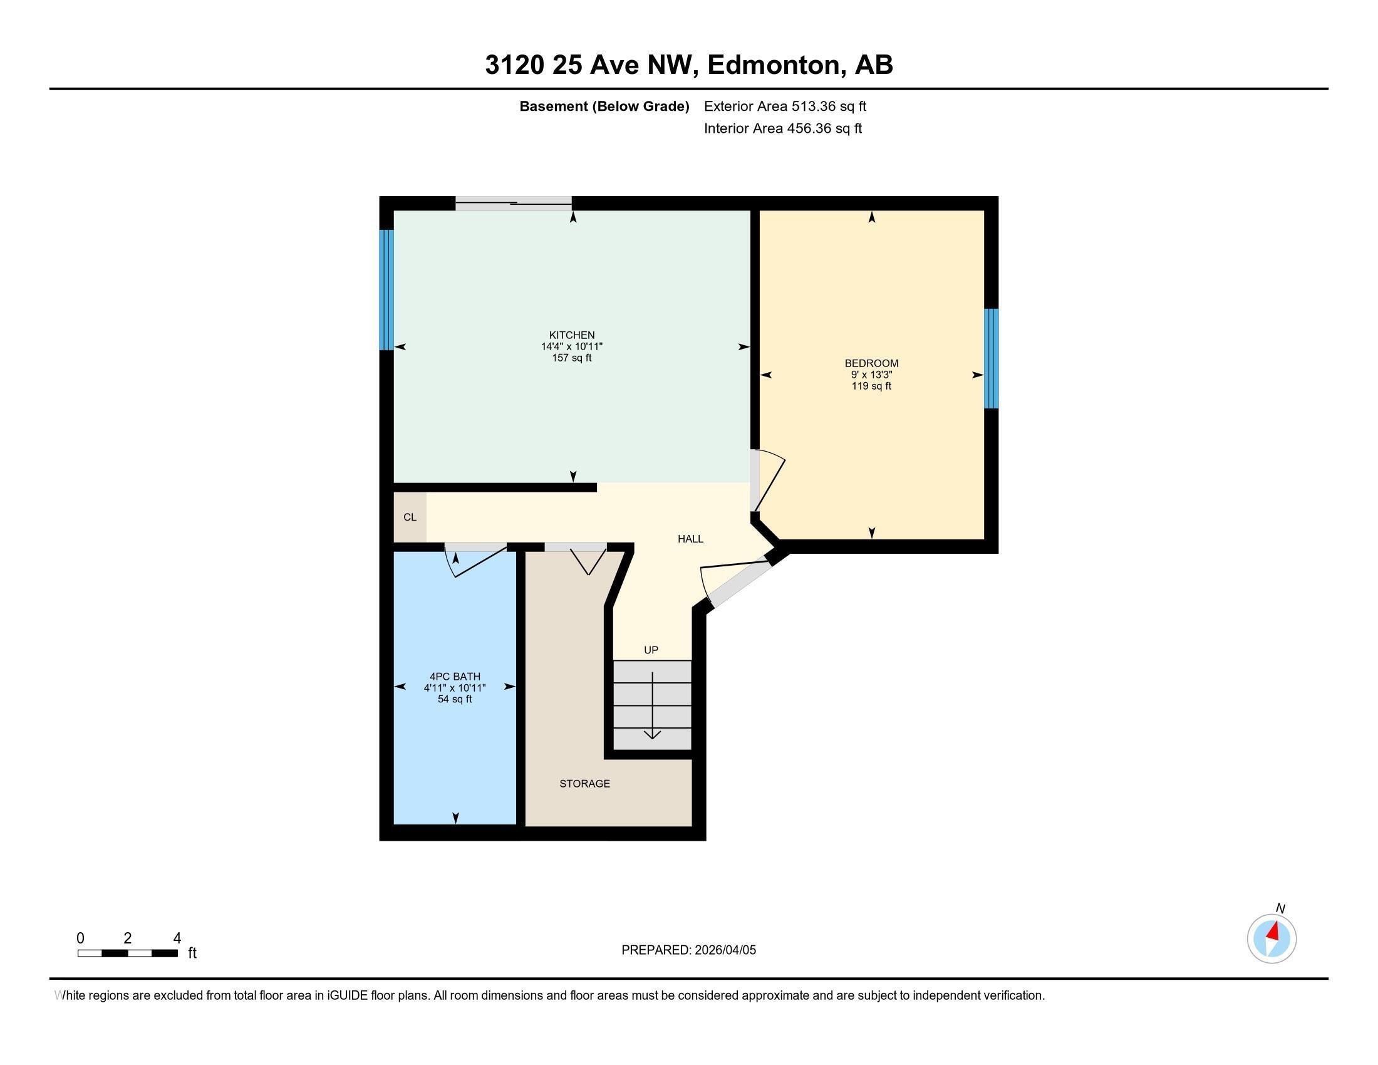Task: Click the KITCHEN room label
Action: pyautogui.click(x=572, y=335)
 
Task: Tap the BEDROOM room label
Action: pyautogui.click(x=871, y=363)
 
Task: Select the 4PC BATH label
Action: pyautogui.click(x=454, y=677)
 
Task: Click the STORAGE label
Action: pyautogui.click(x=584, y=784)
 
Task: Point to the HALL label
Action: pyautogui.click(x=690, y=539)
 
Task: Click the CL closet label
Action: pyautogui.click(x=410, y=517)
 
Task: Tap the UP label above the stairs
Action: pyautogui.click(x=651, y=650)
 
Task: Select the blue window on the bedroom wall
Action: pyautogui.click(x=992, y=358)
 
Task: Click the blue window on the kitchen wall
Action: pyautogui.click(x=386, y=289)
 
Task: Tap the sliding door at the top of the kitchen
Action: pyautogui.click(x=514, y=202)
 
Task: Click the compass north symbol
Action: pyautogui.click(x=1272, y=939)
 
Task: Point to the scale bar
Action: pyautogui.click(x=127, y=953)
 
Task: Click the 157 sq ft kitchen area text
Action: pyautogui.click(x=572, y=358)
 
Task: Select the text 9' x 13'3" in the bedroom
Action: pyautogui.click(x=871, y=375)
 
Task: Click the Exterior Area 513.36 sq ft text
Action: pyautogui.click(x=784, y=106)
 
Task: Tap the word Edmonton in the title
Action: pyautogui.click(x=775, y=65)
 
